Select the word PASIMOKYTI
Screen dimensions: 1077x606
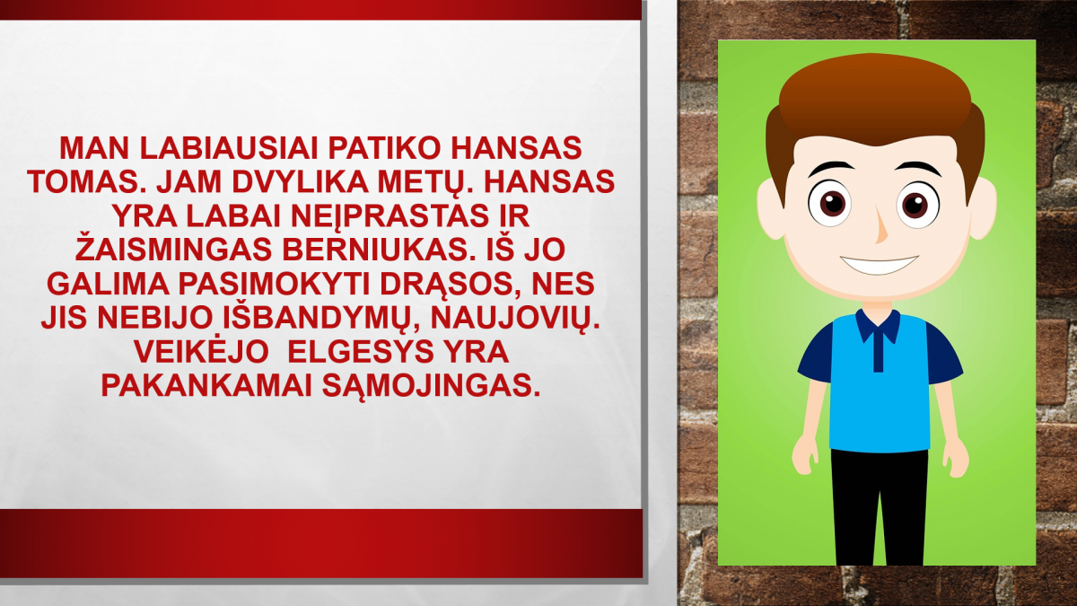(274, 285)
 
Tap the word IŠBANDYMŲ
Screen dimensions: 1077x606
(320, 320)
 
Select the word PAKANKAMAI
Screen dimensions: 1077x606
(206, 386)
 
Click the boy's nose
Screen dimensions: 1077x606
(880, 226)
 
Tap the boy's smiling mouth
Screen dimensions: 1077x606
(879, 265)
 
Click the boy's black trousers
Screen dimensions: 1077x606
(880, 507)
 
